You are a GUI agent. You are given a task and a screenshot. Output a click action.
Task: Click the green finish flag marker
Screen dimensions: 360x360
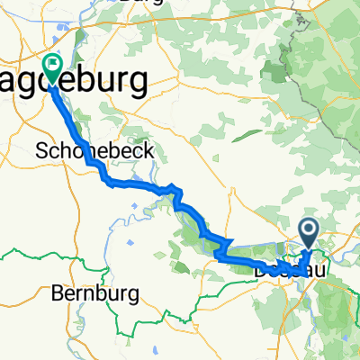(51, 67)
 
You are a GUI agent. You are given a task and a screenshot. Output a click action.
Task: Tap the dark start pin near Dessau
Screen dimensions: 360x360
(309, 234)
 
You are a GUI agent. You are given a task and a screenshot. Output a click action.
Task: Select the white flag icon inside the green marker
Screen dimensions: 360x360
(51, 65)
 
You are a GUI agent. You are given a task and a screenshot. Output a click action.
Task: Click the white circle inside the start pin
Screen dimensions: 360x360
(309, 230)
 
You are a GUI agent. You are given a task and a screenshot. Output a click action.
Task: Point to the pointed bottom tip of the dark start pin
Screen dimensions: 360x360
(309, 249)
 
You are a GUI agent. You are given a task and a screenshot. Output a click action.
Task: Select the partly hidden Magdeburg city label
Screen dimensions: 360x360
(99, 83)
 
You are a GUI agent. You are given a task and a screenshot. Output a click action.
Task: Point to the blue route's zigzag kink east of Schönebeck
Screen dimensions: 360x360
(175, 193)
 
